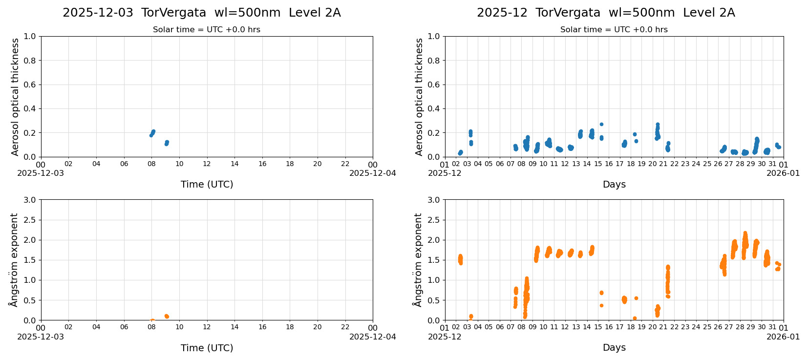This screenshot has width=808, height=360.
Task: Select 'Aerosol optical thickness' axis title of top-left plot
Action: click(15, 97)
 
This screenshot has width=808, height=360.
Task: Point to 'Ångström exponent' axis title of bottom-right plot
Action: click(418, 260)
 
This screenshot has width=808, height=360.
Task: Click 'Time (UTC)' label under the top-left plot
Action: click(207, 184)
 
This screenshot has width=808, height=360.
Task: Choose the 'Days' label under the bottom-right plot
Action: click(614, 348)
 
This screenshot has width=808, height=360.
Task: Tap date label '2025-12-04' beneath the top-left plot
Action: click(372, 173)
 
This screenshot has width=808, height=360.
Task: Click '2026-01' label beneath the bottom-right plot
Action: click(783, 337)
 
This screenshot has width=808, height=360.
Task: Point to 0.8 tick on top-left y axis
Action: click(30, 61)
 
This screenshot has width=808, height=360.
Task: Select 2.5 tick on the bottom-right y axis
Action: click(434, 220)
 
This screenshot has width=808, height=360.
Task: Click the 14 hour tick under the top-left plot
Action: click(234, 164)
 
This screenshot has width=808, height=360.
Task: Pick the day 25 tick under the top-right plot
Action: click(707, 164)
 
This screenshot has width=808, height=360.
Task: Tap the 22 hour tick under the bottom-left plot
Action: click(345, 328)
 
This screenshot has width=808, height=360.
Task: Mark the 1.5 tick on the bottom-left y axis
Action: click(30, 260)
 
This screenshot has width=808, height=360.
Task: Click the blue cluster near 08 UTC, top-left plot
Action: click(152, 133)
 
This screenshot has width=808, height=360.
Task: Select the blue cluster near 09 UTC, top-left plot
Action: click(167, 143)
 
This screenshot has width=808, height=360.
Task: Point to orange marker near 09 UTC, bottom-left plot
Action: click(167, 317)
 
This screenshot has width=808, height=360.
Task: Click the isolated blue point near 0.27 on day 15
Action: click(601, 124)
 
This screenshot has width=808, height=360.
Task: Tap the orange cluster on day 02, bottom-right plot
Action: click(460, 259)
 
